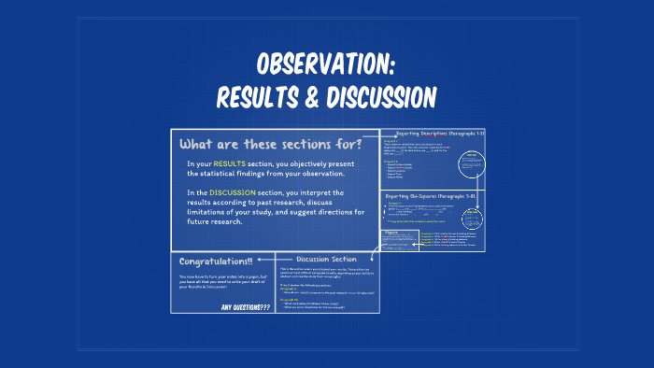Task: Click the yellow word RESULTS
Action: click(x=230, y=163)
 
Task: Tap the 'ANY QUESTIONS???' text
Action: click(x=246, y=305)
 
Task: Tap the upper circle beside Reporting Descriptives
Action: click(x=473, y=165)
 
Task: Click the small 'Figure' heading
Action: click(x=392, y=231)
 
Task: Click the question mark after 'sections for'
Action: click(x=345, y=144)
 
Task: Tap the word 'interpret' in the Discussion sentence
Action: click(x=320, y=191)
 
